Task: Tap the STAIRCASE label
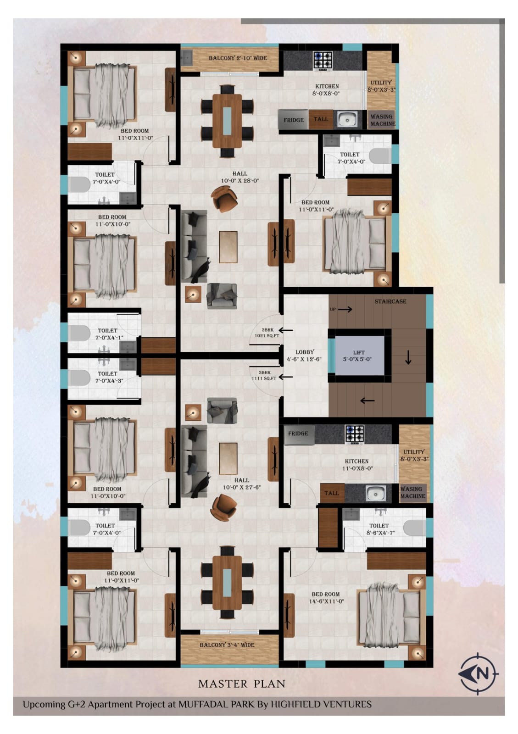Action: [x=390, y=301]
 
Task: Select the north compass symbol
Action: [x=478, y=674]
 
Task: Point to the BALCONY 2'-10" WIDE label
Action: [x=238, y=58]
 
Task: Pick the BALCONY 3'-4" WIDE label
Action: [x=227, y=645]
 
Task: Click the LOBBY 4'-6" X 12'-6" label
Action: [x=304, y=356]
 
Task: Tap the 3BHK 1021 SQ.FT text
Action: [x=267, y=333]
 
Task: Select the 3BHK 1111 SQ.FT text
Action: [x=264, y=375]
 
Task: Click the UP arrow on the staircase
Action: [x=345, y=309]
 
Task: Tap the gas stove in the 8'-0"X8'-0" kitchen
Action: [x=323, y=61]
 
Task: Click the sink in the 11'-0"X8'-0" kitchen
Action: [x=375, y=493]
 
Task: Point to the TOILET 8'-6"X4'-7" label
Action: [x=380, y=529]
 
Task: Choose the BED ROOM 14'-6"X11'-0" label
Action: [x=326, y=597]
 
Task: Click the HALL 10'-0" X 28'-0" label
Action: [x=240, y=177]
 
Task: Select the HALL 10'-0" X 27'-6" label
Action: [x=241, y=484]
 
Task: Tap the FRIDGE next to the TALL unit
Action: [x=293, y=120]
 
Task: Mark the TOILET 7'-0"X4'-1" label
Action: [x=107, y=334]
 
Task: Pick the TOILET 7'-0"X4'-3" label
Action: [x=107, y=377]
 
